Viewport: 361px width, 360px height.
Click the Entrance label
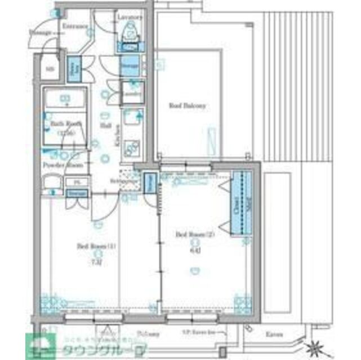[x=74, y=26]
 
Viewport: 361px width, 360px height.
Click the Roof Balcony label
[x=188, y=105]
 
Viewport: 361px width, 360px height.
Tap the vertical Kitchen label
[x=118, y=136]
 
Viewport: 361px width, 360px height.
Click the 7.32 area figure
[x=96, y=262]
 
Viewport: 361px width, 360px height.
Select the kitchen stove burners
[x=132, y=148]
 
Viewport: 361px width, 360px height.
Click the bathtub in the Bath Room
[x=65, y=101]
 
